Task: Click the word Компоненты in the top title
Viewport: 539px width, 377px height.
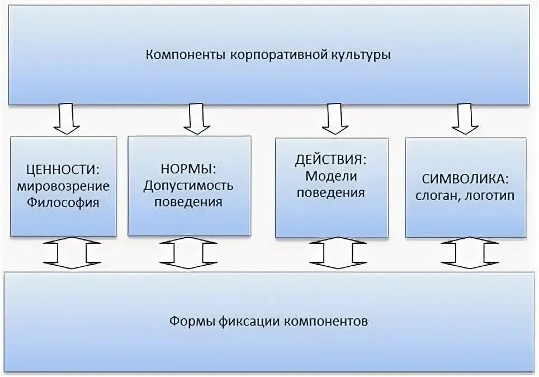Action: point(178,55)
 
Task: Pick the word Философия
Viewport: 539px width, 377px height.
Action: point(63,202)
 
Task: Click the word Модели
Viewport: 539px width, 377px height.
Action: point(331,177)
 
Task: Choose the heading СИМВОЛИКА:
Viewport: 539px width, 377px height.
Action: point(465,180)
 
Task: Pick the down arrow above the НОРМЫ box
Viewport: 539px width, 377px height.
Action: point(196,119)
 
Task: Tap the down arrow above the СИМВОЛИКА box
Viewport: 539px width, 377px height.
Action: point(465,119)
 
